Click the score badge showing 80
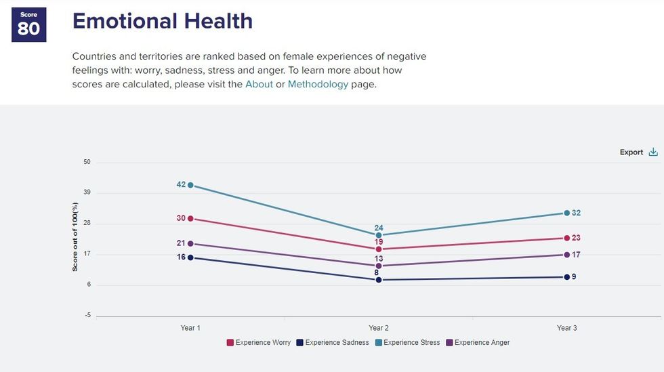pos(28,25)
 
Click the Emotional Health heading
pos(163,21)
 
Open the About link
pos(259,84)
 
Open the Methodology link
pos(318,84)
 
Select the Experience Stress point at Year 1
pos(190,185)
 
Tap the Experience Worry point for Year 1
pos(190,218)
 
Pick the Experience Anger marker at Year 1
pos(190,243)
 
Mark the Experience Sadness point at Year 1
pos(190,257)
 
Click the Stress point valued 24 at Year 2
pos(379,235)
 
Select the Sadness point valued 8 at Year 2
pos(379,280)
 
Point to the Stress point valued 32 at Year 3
pos(566,213)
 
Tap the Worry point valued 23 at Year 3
pos(566,238)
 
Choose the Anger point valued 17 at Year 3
pos(566,255)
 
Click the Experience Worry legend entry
pos(258,343)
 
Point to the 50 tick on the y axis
pos(87,163)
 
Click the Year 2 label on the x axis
pos(379,328)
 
